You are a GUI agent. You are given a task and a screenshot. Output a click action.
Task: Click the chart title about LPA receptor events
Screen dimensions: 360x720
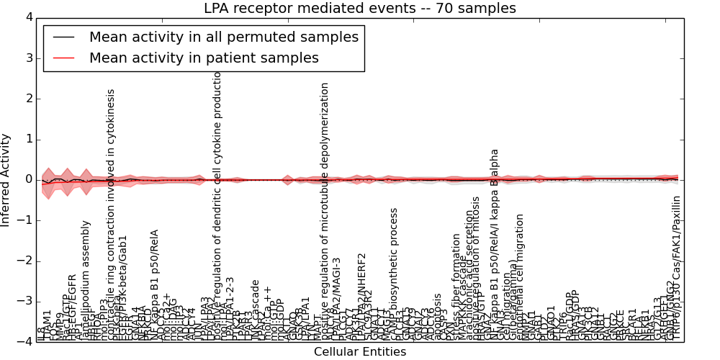(359, 9)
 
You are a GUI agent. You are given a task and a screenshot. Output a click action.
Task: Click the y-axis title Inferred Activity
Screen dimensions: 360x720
(6, 179)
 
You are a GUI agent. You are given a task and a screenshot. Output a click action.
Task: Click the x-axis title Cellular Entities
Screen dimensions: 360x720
(359, 352)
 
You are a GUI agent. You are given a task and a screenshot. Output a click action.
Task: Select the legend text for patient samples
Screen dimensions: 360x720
(204, 58)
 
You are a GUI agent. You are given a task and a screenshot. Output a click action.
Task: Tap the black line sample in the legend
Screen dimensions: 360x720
(64, 37)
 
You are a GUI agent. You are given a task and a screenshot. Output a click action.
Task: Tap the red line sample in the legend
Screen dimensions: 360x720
(64, 58)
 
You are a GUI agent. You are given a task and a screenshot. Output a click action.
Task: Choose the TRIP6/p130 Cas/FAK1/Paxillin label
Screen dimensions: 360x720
(675, 268)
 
